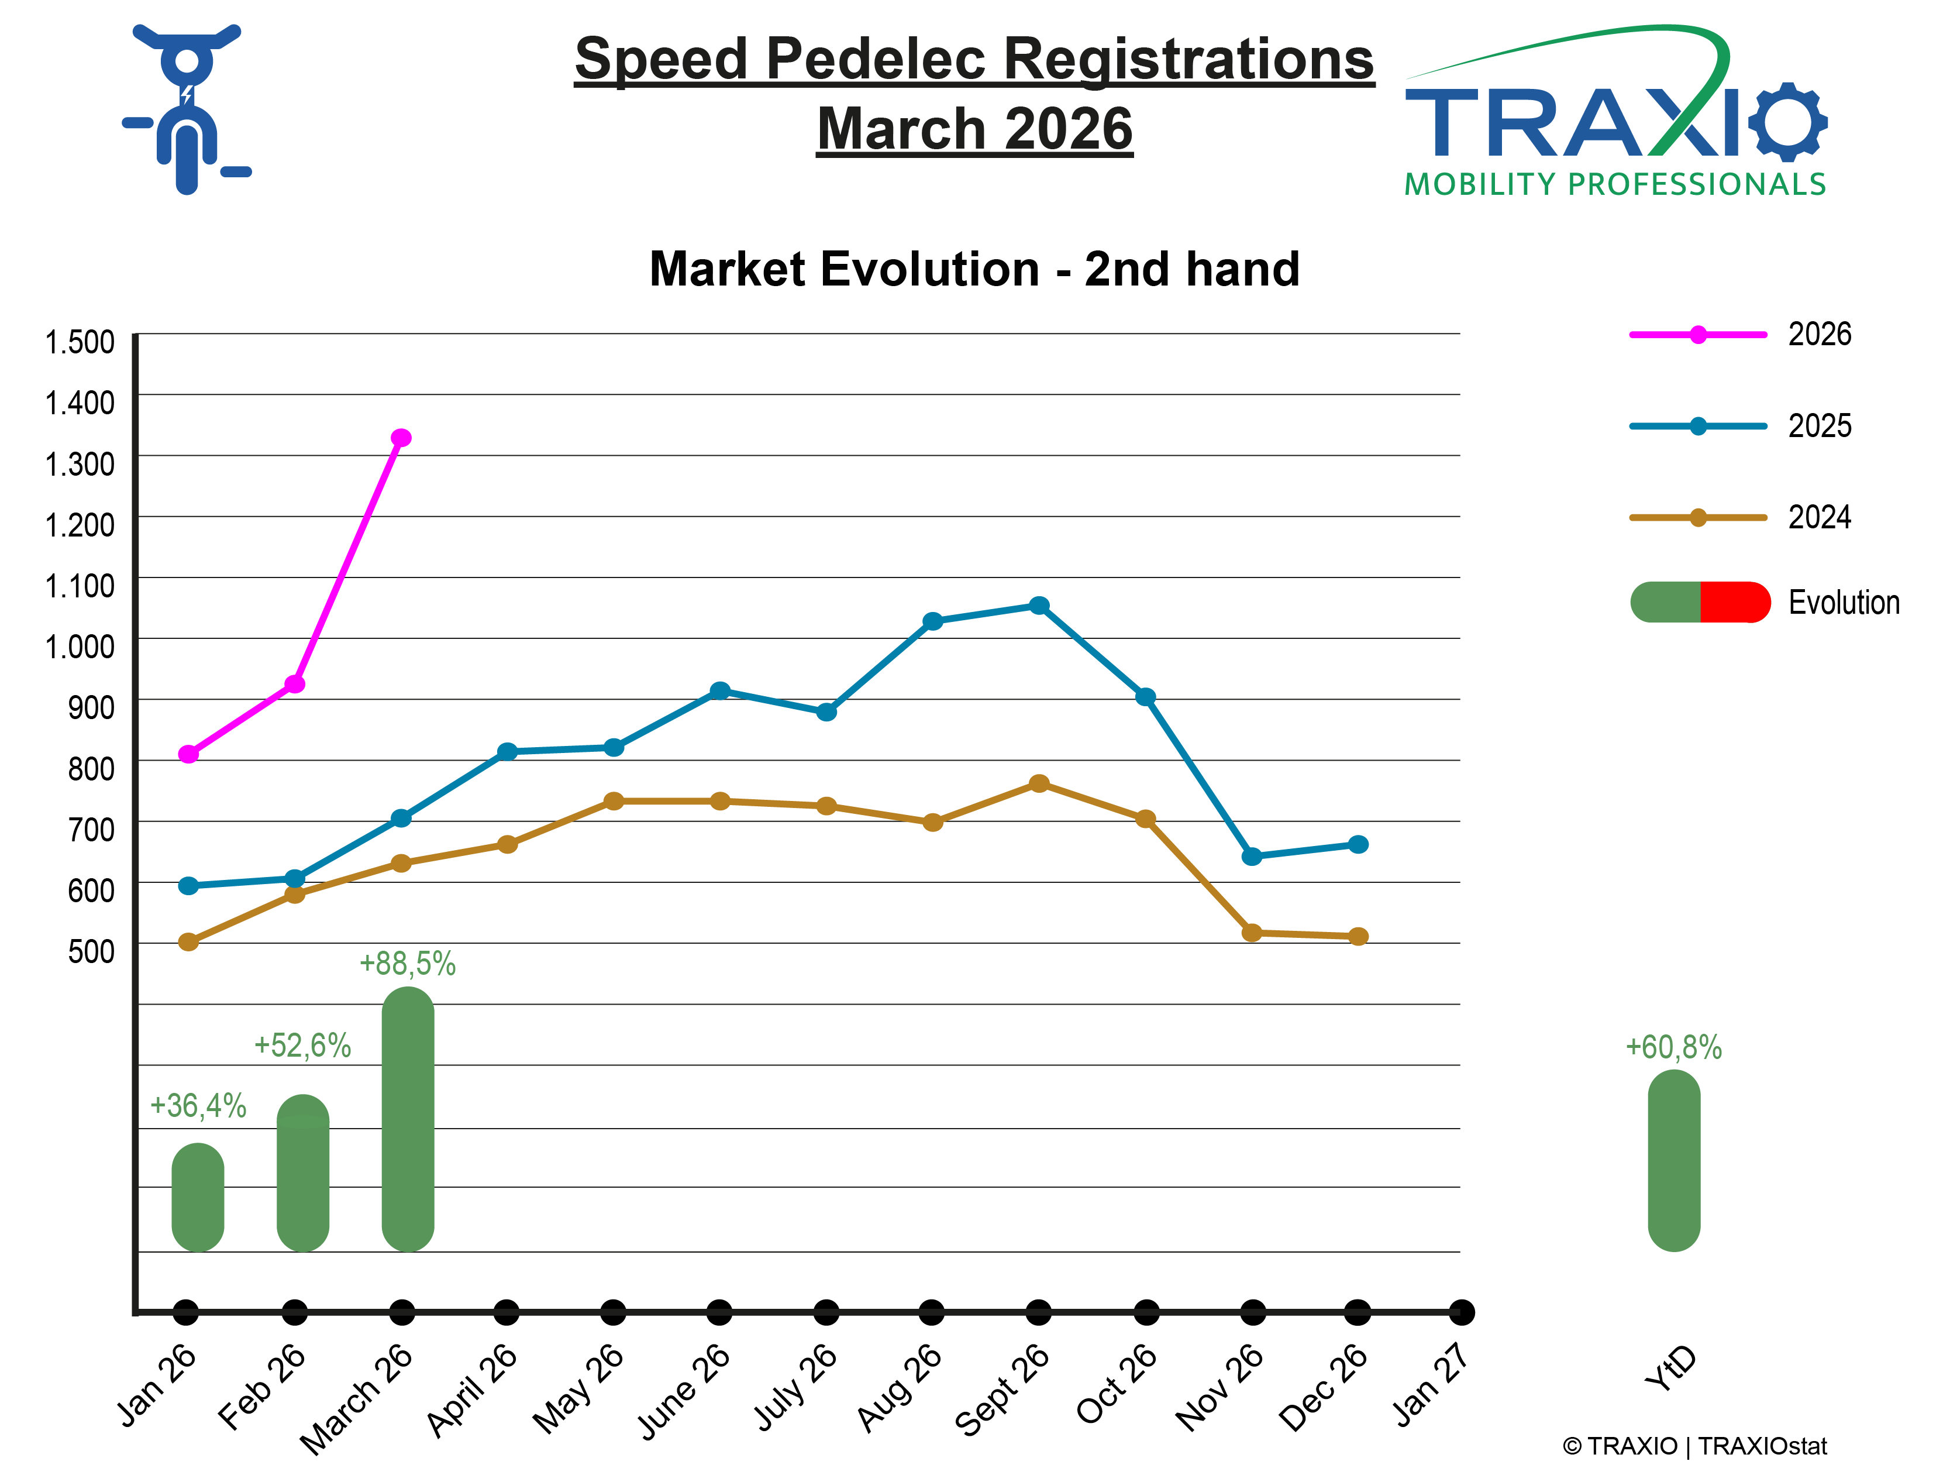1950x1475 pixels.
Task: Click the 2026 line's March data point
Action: tap(401, 438)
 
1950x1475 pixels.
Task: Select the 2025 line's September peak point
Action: tap(1039, 606)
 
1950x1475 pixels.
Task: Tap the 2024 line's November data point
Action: tap(1251, 933)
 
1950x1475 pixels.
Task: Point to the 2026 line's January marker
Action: tap(188, 754)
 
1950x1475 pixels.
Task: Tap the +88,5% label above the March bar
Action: tap(407, 964)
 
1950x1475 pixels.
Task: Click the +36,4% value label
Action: tap(198, 1106)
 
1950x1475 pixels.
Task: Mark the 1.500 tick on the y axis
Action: tap(80, 342)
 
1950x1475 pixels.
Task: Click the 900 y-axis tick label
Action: tap(91, 707)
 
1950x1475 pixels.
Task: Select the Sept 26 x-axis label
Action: tap(1002, 1390)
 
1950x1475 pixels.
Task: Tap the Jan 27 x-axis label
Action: tap(1430, 1384)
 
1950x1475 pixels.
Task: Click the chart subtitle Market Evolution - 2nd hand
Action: tap(974, 269)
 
